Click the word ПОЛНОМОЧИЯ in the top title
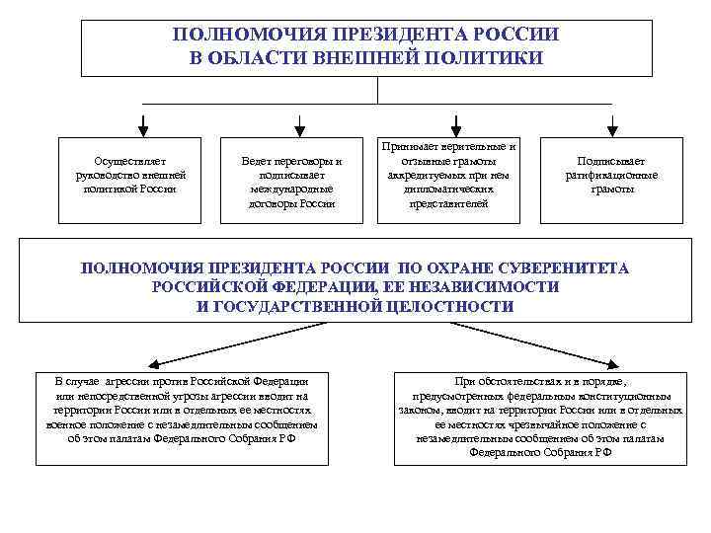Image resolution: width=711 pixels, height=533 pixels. click(235, 35)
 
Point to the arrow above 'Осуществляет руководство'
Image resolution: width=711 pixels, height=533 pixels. click(144, 124)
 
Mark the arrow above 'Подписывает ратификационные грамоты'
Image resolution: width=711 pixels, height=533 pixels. click(612, 124)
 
